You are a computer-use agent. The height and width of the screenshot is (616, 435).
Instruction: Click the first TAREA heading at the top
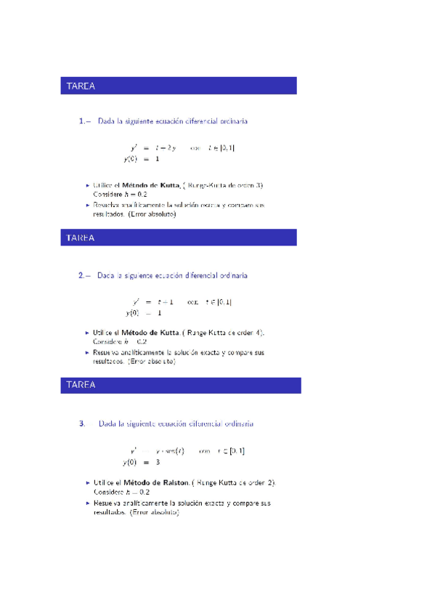click(x=81, y=86)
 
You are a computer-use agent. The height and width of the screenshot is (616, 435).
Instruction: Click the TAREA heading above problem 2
click(x=81, y=238)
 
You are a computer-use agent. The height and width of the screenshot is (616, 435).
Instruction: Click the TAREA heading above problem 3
click(x=81, y=385)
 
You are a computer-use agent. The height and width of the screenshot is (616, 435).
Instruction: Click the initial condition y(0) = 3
click(x=142, y=462)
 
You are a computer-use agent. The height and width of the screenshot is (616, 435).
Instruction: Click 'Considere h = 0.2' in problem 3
click(x=120, y=492)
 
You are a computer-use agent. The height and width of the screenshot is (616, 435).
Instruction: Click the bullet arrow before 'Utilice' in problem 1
click(x=87, y=185)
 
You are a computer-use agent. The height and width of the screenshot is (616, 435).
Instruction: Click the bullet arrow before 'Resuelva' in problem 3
click(x=88, y=503)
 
